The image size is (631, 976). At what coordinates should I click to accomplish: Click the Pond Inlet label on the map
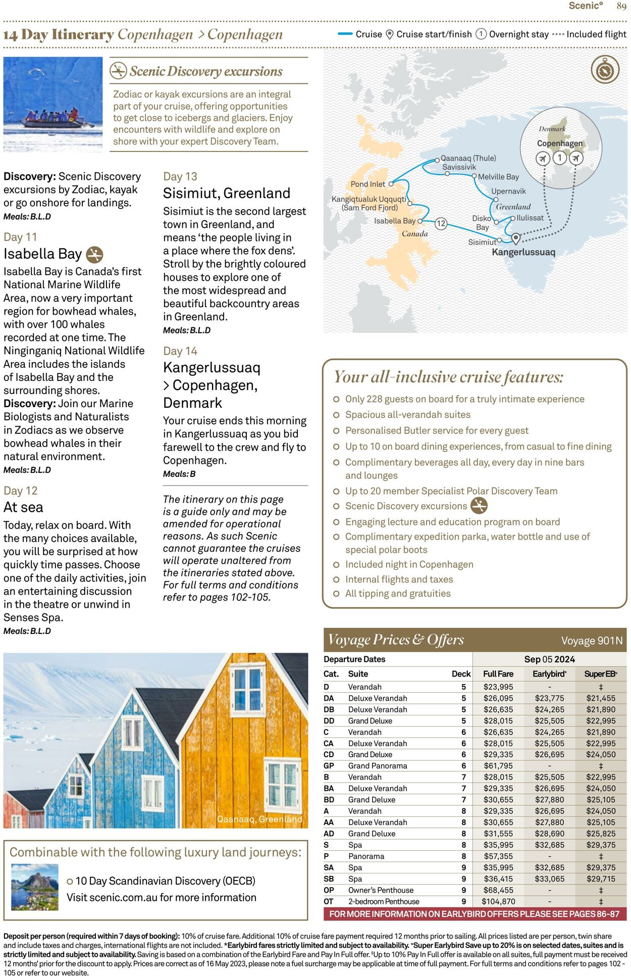tap(367, 184)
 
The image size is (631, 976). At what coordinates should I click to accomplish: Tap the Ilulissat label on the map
tap(530, 218)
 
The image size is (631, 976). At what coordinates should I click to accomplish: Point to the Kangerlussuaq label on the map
tap(523, 252)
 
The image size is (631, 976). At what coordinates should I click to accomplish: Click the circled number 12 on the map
tap(441, 223)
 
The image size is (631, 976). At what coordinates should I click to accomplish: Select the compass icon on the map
tap(605, 70)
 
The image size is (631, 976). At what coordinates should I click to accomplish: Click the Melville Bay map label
tap(498, 177)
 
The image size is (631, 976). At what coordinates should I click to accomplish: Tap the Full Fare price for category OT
tap(498, 901)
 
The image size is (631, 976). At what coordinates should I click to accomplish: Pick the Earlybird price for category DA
tap(549, 698)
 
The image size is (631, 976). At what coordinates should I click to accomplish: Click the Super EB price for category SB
tap(601, 879)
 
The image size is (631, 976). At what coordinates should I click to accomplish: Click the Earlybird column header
tap(549, 674)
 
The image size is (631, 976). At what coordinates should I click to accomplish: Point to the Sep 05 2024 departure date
tap(549, 659)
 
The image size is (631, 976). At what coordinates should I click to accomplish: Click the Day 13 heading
tap(180, 177)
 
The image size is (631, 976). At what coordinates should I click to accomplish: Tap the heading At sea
tap(23, 507)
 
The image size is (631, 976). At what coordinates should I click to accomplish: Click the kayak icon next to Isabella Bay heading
tap(94, 255)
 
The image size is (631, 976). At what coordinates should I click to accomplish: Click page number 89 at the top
tap(621, 6)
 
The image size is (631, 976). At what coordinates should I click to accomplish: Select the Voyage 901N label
tap(592, 641)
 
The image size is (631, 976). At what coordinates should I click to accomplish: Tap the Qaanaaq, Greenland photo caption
tap(259, 819)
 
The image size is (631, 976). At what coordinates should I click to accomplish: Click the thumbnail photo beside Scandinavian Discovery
tap(34, 887)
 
